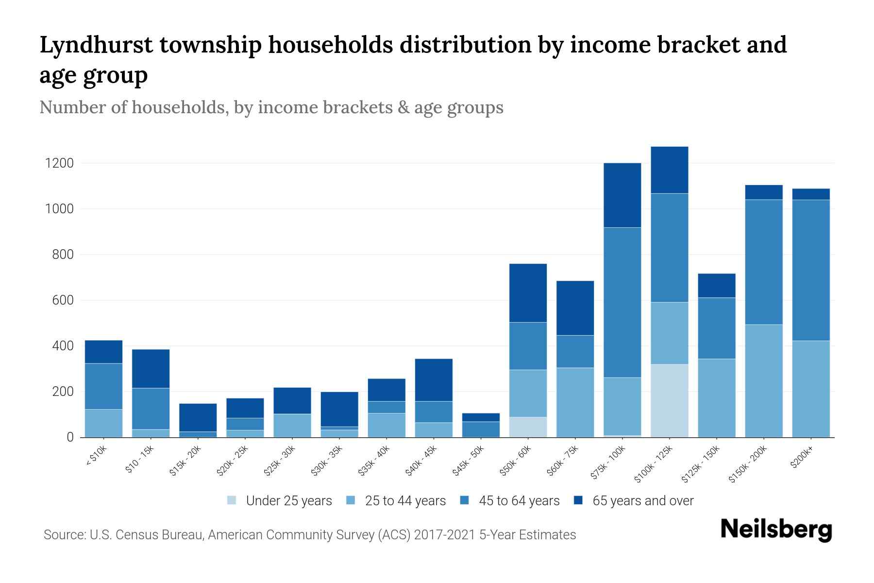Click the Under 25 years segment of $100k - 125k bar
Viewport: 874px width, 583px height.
670,400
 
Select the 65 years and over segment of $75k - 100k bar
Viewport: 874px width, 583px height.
622,195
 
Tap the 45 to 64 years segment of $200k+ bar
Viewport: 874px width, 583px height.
811,270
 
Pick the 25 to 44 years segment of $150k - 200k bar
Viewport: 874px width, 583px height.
764,380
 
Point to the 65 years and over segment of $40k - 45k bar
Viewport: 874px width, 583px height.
434,379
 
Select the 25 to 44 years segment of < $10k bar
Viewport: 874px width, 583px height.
103,423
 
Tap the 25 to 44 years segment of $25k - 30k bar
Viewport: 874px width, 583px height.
292,425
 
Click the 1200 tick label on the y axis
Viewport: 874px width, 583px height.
60,163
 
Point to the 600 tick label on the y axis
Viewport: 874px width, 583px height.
63,300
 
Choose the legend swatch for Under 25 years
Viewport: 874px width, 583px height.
232,500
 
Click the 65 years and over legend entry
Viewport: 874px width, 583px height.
642,500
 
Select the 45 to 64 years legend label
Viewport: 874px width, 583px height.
519,500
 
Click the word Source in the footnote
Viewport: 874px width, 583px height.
64,535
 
